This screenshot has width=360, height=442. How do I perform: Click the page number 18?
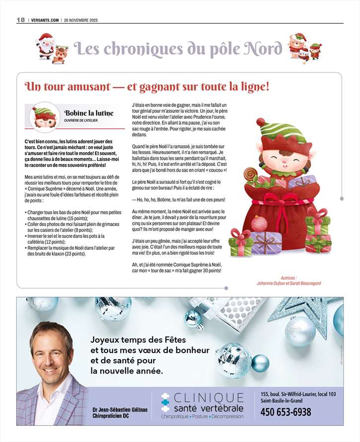(x=20, y=19)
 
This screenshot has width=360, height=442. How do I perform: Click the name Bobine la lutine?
(x=88, y=113)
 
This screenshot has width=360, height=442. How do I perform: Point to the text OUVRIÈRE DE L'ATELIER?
(x=83, y=121)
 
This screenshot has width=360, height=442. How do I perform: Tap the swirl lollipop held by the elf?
(x=250, y=174)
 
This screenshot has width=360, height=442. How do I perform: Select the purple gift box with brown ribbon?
(x=266, y=242)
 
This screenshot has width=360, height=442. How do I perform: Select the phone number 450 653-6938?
(x=286, y=412)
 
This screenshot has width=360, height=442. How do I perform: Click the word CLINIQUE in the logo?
(x=209, y=397)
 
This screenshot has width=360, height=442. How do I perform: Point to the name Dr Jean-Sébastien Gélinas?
(x=120, y=409)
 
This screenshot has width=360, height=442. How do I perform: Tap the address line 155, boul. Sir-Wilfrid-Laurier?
(x=298, y=394)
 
